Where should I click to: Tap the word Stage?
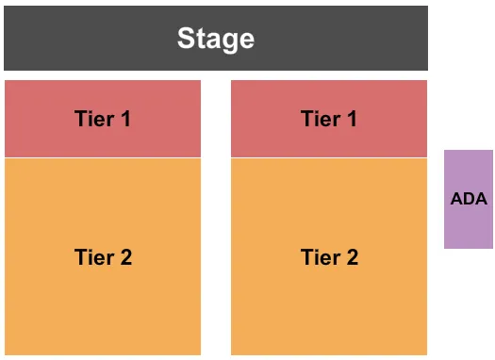pyautogui.click(x=216, y=39)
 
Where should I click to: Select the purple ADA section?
pyautogui.click(x=469, y=226)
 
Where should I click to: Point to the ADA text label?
pyautogui.click(x=469, y=199)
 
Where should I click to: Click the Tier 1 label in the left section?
pyautogui.click(x=103, y=119)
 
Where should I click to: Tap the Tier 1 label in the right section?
pyautogui.click(x=329, y=119)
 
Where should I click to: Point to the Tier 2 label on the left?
pyautogui.click(x=103, y=257)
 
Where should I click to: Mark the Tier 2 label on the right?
pyautogui.click(x=329, y=257)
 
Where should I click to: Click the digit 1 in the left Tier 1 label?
pyautogui.click(x=124, y=119)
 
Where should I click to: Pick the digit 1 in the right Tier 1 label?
pyautogui.click(x=351, y=119)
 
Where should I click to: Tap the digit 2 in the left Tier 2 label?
pyautogui.click(x=125, y=257)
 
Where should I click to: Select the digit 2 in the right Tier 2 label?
pyautogui.click(x=352, y=257)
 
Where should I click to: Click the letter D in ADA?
pyautogui.click(x=469, y=199)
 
